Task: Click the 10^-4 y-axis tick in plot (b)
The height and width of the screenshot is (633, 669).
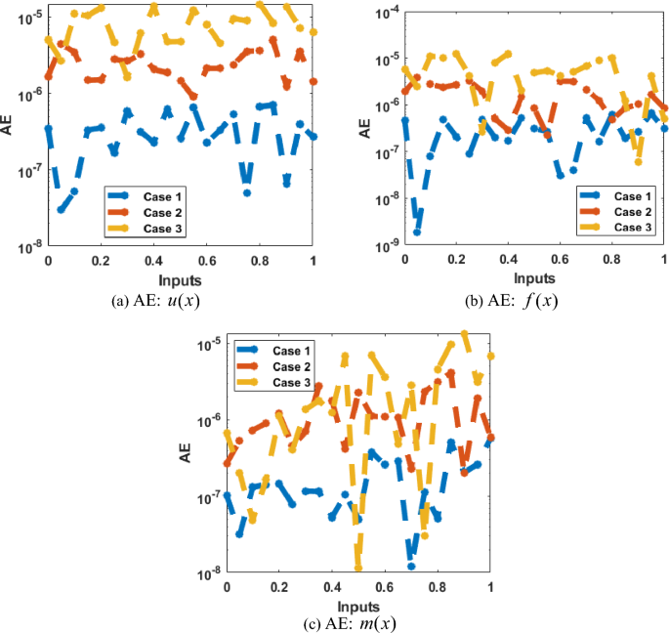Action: click(x=381, y=13)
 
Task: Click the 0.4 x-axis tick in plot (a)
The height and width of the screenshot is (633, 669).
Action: click(x=153, y=262)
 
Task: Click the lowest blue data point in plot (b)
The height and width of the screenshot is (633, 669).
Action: click(x=417, y=232)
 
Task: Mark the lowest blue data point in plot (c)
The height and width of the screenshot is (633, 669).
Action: click(x=411, y=566)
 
